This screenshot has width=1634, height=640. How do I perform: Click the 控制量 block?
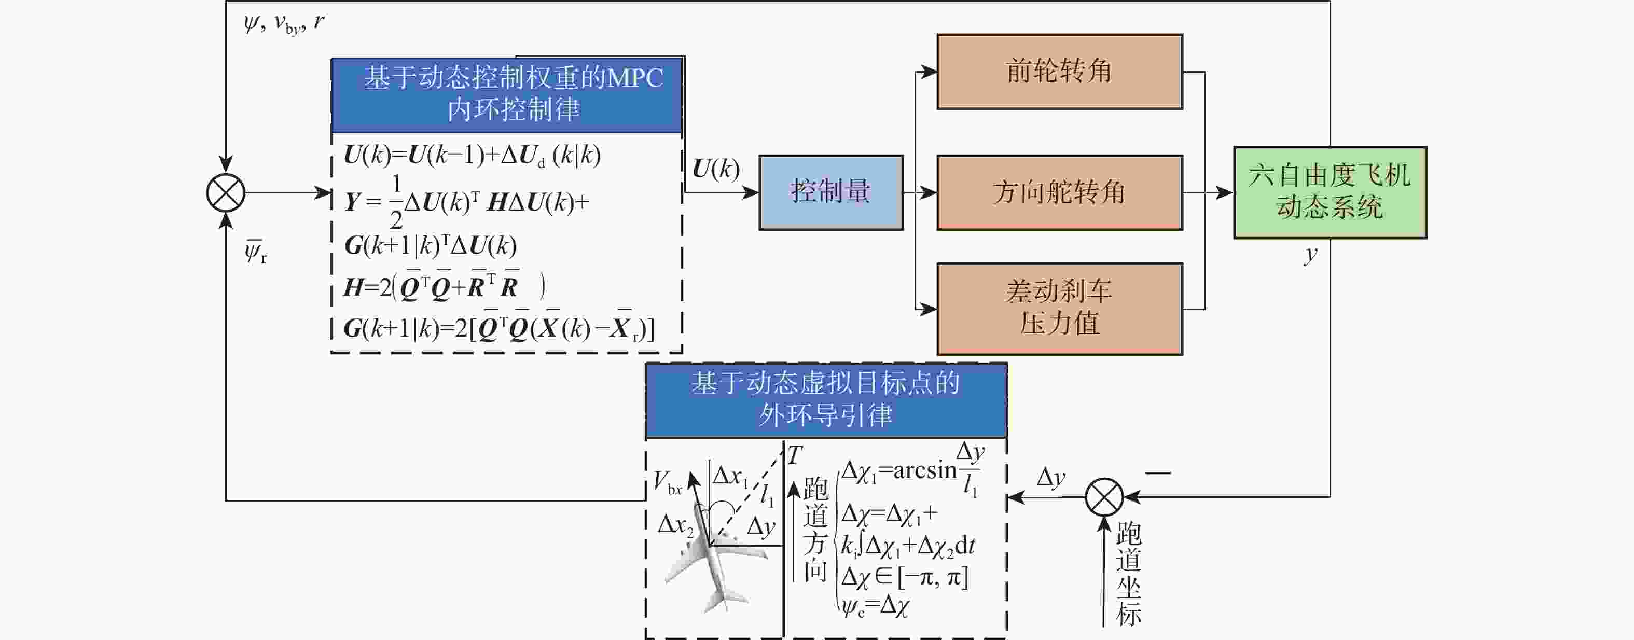pos(831,192)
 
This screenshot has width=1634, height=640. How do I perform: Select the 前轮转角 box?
pos(1059,72)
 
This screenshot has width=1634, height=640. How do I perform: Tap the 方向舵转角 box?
pos(1059,192)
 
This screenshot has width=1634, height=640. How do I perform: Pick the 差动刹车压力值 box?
pos(1059,309)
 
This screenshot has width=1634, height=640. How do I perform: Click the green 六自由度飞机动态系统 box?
pos(1330,192)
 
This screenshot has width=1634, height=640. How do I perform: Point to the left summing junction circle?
pos(226,193)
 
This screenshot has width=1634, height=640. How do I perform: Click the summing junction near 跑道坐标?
pos(1104,497)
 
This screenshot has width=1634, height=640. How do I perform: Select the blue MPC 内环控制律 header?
pos(507,95)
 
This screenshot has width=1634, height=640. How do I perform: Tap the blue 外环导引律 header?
pos(826,400)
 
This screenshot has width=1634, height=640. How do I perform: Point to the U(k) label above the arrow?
pos(715,169)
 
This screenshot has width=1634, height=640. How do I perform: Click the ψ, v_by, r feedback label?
pos(284,23)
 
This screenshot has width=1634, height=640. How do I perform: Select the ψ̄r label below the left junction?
pos(256,251)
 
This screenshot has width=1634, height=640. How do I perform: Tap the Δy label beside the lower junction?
pos(1050,477)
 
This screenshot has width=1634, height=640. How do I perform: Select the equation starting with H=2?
pos(444,286)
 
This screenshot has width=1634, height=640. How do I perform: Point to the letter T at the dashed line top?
pos(795,455)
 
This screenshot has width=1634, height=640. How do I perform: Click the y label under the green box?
pos(1310,255)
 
